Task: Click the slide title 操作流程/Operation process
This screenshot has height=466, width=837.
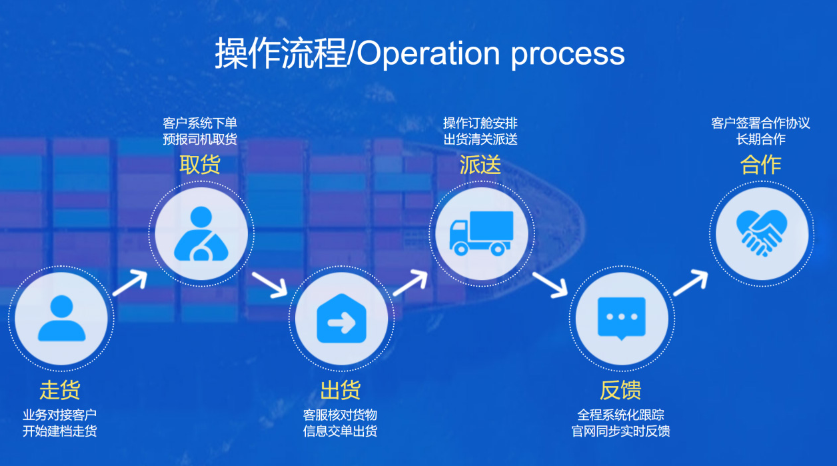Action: click(419, 53)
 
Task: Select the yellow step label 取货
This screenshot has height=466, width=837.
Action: click(200, 165)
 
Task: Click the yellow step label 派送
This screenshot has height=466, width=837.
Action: click(480, 165)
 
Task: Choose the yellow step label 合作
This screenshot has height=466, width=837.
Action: click(761, 165)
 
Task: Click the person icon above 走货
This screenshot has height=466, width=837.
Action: click(61, 318)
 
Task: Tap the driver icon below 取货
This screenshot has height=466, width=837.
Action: click(201, 233)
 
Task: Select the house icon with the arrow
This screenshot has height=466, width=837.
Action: click(341, 318)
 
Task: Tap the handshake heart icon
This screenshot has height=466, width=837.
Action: click(761, 233)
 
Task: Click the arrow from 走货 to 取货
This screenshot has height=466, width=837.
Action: click(129, 283)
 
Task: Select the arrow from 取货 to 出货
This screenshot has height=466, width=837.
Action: click(269, 283)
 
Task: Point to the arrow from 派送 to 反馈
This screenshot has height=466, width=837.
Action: click(550, 283)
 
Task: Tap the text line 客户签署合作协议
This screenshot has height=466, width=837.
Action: click(760, 123)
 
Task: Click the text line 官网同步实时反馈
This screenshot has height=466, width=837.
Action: click(620, 431)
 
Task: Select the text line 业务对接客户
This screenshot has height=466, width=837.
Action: click(60, 415)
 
